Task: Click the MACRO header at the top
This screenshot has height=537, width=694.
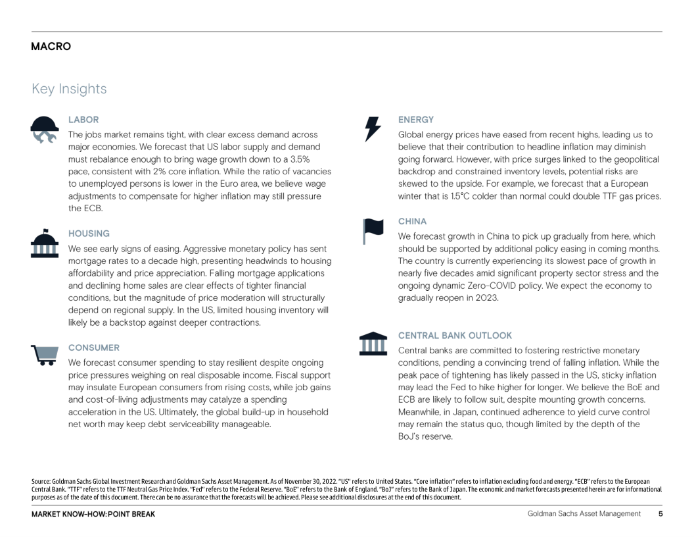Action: [x=51, y=47]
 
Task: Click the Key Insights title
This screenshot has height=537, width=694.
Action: [x=69, y=89]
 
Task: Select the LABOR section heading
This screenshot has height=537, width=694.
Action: [x=83, y=120]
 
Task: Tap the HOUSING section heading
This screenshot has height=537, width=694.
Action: [x=89, y=234]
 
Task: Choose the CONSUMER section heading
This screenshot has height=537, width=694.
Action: [x=94, y=347]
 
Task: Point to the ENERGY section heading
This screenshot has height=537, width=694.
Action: [x=416, y=120]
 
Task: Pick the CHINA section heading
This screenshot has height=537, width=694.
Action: [x=412, y=222]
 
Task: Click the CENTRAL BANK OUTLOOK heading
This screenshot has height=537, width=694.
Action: [x=455, y=336]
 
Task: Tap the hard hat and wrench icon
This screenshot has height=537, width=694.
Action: [x=45, y=129]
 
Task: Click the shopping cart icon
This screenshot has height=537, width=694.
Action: [x=45, y=355]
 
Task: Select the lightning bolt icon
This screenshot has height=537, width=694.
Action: [x=373, y=128]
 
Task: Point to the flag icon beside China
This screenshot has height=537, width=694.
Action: [x=373, y=230]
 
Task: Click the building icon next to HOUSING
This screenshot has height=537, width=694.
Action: [x=45, y=243]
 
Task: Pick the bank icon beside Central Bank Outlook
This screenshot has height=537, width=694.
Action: [x=373, y=344]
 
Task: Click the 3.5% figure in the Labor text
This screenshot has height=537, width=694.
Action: [x=300, y=159]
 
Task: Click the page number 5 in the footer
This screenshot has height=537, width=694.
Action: [x=660, y=514]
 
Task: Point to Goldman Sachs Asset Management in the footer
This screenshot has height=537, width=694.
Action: [x=584, y=514]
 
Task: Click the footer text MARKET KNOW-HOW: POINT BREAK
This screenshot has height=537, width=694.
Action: [x=93, y=514]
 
